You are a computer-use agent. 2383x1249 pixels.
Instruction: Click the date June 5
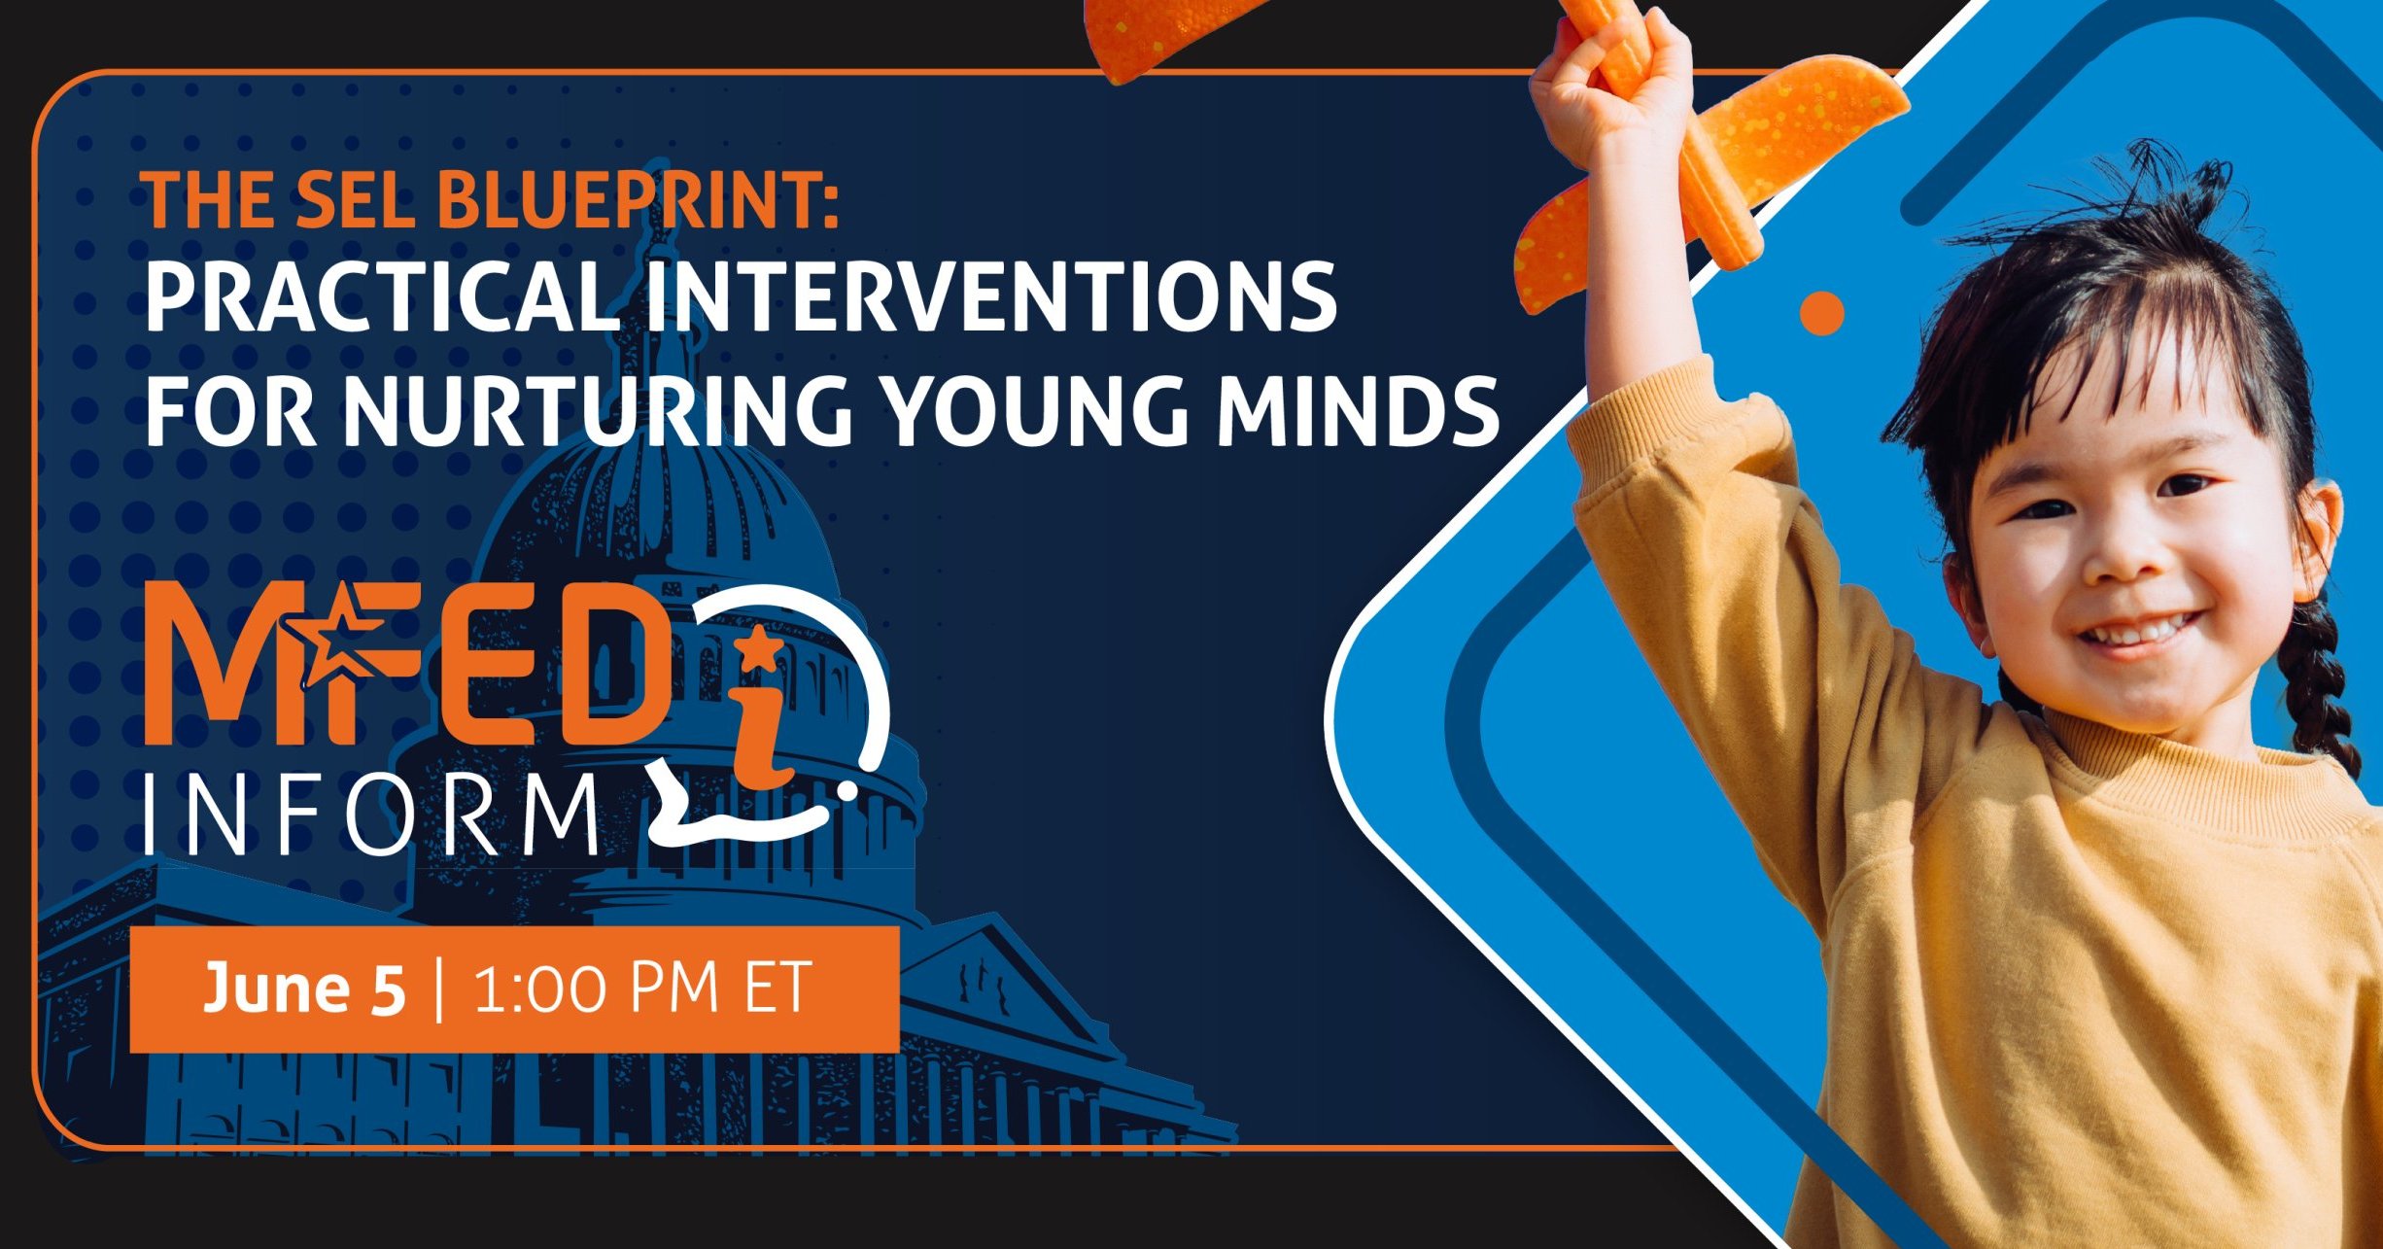303,989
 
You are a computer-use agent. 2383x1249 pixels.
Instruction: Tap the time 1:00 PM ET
641,989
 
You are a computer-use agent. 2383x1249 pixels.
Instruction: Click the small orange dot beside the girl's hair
1821,314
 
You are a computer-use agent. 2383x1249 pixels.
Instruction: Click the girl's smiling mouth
2138,632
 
